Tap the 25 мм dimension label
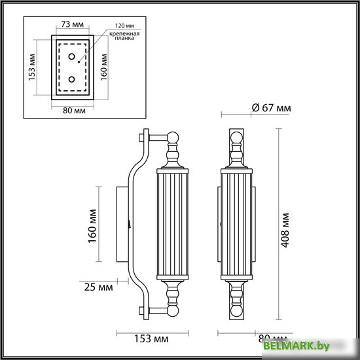point(97,287)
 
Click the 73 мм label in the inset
point(70,23)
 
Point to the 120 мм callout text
point(123,23)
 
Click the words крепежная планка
point(122,35)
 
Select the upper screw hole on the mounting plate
point(72,56)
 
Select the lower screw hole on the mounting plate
point(72,80)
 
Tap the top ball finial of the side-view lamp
point(174,138)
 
